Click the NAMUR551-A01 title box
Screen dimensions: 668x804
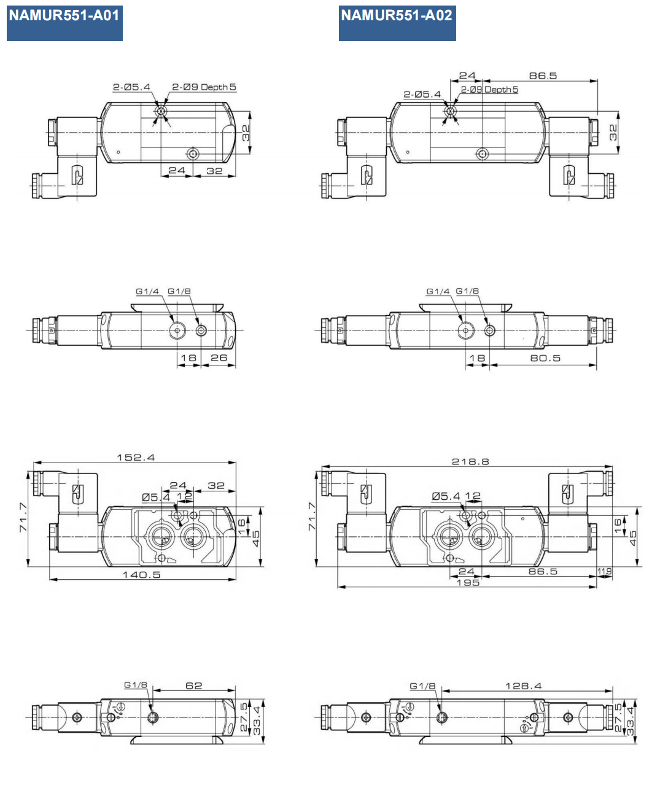pyautogui.click(x=64, y=23)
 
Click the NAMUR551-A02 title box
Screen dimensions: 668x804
pyautogui.click(x=397, y=23)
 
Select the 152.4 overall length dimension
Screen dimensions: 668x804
pyautogui.click(x=136, y=458)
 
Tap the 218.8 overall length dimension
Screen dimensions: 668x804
pyautogui.click(x=470, y=461)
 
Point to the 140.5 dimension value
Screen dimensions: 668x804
pyautogui.click(x=141, y=575)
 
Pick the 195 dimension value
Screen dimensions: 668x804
pyautogui.click(x=468, y=583)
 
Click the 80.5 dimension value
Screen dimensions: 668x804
pyautogui.click(x=545, y=358)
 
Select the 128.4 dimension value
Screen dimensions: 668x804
pyautogui.click(x=523, y=686)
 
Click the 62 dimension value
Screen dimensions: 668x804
pyautogui.click(x=193, y=685)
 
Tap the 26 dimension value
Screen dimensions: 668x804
pyautogui.click(x=219, y=357)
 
